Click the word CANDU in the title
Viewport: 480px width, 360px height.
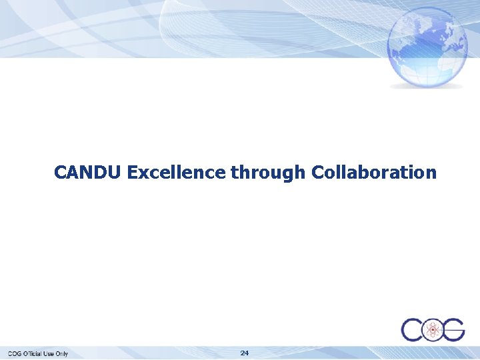pos(87,173)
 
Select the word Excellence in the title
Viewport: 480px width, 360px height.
pos(176,173)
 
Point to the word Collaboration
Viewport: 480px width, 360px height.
pos(374,173)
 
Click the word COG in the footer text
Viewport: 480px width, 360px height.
pos(15,353)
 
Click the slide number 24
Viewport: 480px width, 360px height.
pos(244,352)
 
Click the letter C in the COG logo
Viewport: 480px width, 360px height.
pos(411,329)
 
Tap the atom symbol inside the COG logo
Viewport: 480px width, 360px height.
pos(433,329)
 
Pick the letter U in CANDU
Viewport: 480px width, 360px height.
pos(114,173)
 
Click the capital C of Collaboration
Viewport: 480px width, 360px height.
pos(318,173)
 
